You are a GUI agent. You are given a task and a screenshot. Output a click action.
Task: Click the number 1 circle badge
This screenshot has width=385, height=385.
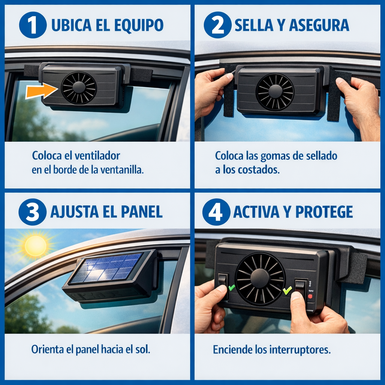point(33,25)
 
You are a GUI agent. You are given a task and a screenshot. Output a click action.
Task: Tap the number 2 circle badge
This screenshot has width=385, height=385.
point(217,25)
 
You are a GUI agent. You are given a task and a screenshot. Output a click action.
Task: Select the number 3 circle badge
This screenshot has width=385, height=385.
point(32,212)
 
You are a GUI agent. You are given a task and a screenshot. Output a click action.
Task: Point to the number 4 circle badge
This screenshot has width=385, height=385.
point(216,212)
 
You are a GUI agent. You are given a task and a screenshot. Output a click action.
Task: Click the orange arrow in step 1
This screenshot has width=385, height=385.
point(41,91)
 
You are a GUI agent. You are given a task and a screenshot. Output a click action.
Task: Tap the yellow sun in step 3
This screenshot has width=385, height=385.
point(36,246)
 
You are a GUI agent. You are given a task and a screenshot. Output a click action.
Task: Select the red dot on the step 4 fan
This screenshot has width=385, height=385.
point(310,296)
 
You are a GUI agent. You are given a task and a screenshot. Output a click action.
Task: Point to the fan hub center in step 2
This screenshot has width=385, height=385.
point(275,91)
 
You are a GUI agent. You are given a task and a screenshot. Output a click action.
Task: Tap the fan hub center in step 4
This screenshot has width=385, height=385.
point(260,279)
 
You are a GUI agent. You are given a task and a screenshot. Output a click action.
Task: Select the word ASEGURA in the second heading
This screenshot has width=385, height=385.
point(319,25)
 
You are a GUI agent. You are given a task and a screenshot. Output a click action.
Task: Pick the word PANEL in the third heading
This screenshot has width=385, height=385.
point(142,212)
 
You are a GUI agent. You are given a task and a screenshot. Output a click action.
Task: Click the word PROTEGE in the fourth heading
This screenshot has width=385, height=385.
point(324,212)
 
